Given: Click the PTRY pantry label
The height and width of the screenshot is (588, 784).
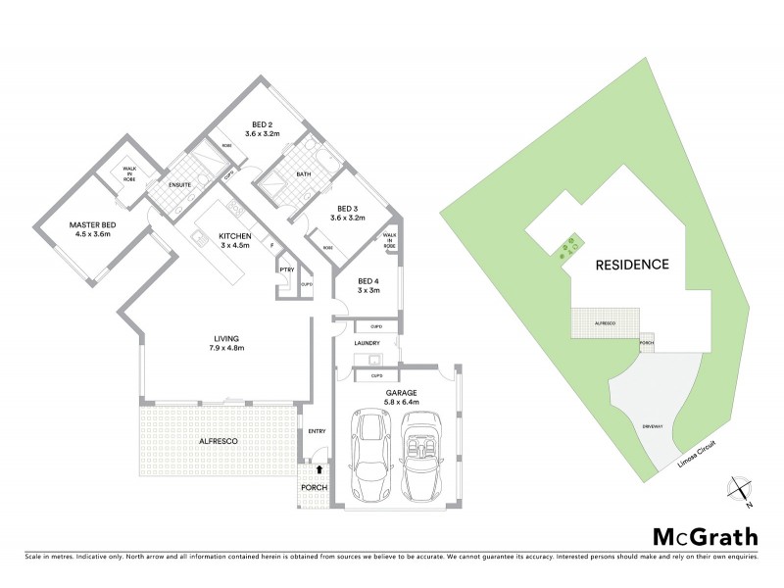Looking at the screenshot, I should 287,269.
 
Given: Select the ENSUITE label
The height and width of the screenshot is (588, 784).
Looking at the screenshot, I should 179,184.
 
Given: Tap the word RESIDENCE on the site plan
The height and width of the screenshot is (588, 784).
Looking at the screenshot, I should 632,264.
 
